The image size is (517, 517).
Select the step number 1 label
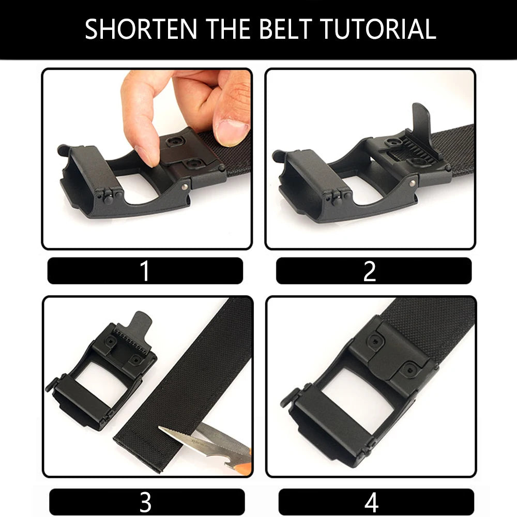tap(145, 271)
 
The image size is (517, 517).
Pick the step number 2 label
tap(370, 271)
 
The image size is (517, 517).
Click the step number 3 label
tap(145, 502)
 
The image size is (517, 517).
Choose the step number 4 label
tap(371, 502)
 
